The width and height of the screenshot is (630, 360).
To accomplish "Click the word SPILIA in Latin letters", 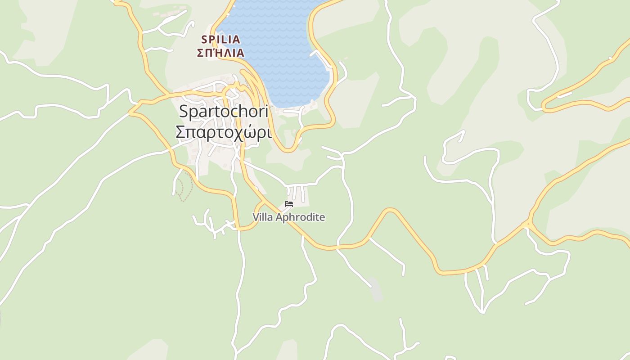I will [x=221, y=40].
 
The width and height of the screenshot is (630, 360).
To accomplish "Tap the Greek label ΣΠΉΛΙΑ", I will [x=221, y=53].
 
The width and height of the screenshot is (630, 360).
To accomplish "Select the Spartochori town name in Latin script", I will [x=224, y=111].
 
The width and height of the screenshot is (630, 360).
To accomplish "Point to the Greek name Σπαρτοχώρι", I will [x=224, y=132].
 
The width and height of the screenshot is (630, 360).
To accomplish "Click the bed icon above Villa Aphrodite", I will [x=289, y=204].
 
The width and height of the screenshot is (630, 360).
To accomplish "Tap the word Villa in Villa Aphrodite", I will [x=262, y=217].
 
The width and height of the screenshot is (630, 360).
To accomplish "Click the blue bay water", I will [x=279, y=54].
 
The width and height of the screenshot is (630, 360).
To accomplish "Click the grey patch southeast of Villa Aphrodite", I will [x=376, y=289].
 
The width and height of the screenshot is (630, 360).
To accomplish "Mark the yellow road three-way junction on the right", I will [x=528, y=223].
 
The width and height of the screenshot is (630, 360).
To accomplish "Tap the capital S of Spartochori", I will [x=183, y=111].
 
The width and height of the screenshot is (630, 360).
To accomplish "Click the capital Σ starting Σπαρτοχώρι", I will [x=180, y=132].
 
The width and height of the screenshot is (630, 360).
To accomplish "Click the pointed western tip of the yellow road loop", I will [x=130, y=112].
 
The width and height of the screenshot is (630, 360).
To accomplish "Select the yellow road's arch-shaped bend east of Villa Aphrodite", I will [x=390, y=211].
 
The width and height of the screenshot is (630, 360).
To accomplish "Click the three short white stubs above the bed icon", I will [x=296, y=192].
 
